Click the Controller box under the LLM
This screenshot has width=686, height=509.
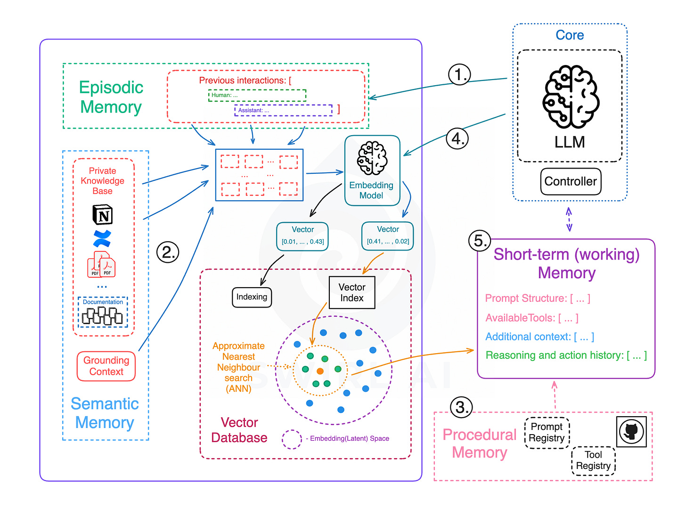571,181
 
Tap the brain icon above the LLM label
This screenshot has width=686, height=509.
571,97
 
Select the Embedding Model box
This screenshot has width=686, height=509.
372,170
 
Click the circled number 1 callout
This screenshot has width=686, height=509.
459,74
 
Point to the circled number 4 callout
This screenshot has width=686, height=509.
457,138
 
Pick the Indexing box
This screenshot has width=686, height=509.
252,297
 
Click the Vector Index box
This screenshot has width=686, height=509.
352,292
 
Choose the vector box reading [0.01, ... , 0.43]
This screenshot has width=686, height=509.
302,236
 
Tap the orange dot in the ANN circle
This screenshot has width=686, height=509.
320,371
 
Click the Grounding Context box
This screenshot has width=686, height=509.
106,366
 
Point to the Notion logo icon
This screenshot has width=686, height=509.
102,215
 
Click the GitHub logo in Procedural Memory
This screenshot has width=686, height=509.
631,431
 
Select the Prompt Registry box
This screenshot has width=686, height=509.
547,432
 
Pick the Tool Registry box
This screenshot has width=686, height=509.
593,461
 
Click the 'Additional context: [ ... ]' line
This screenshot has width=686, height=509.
539,337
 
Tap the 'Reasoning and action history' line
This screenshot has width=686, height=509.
566,355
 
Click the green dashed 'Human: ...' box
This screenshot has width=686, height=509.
257,95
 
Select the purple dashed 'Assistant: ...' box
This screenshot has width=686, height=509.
283,110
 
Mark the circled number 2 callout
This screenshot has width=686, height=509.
168,252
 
